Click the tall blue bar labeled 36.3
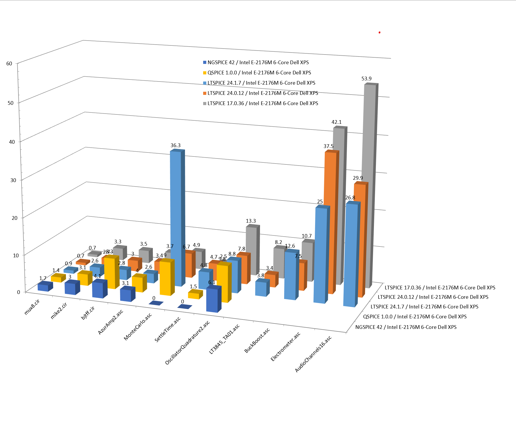point(175,219)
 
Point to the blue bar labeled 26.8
point(350,256)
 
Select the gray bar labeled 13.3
point(251,250)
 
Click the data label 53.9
point(366,79)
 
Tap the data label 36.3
point(175,145)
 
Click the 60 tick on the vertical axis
point(9,63)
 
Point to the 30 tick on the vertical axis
point(13,180)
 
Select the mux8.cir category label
point(32,307)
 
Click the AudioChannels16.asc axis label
point(313,354)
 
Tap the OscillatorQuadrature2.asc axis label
point(188,343)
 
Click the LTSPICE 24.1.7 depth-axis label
point(424,307)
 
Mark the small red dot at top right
point(379,33)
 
